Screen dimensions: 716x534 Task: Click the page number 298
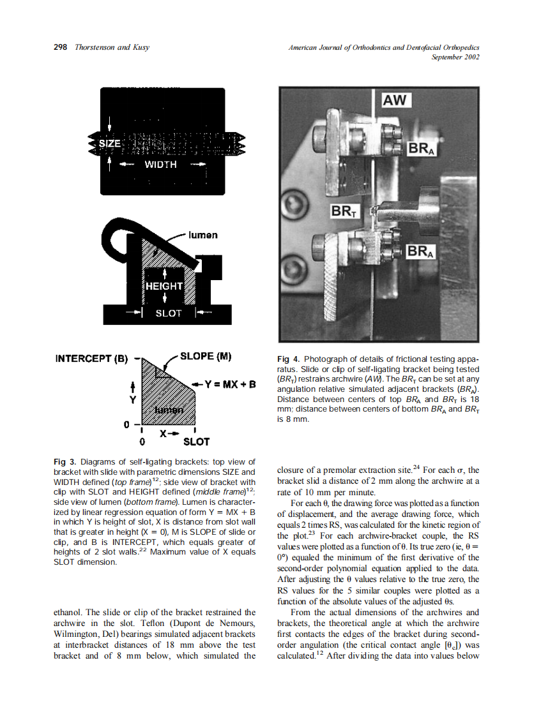coord(61,48)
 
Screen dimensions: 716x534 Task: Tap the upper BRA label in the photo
coord(422,149)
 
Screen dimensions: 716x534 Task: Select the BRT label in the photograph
coord(344,211)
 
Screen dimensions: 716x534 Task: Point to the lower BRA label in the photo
coord(422,252)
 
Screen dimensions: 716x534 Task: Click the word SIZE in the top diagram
coord(109,144)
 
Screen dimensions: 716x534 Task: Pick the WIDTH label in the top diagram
coord(160,165)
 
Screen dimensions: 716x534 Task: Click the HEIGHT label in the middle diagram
coord(164,286)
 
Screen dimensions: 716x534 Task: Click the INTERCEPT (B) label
coord(92,357)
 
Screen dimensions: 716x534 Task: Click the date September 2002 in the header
coord(455,57)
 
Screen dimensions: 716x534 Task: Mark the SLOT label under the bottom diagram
coord(196,441)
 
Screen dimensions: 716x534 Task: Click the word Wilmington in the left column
coord(77,634)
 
